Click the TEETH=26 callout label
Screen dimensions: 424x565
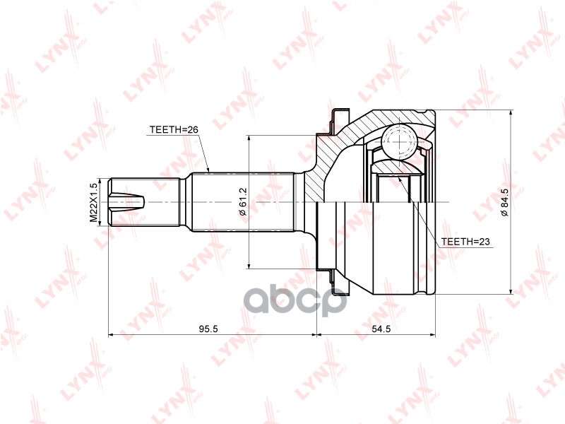click(x=169, y=130)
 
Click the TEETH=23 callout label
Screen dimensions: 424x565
click(x=465, y=242)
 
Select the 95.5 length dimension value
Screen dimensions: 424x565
click(x=206, y=329)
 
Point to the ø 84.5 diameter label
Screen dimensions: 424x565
click(x=504, y=201)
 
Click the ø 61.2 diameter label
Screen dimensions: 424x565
click(x=242, y=201)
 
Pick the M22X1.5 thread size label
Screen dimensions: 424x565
click(x=93, y=203)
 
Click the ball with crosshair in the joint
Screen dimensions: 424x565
click(x=400, y=142)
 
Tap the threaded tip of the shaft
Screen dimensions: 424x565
click(x=127, y=202)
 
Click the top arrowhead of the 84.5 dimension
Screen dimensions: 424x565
click(x=511, y=113)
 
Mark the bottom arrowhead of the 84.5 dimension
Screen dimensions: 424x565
click(x=511, y=290)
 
